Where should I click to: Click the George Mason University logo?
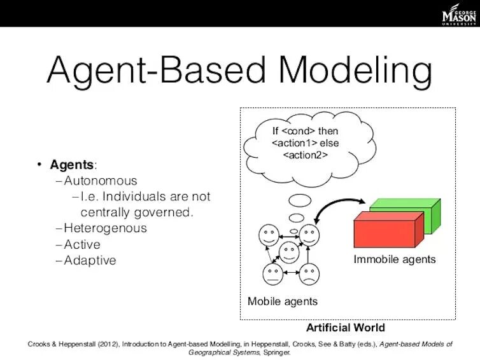[458, 15]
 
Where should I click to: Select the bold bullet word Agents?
[72, 165]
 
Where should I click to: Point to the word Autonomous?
[101, 181]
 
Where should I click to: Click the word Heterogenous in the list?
[105, 228]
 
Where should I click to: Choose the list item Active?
[82, 244]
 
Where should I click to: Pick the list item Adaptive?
[90, 260]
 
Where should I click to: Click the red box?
[385, 232]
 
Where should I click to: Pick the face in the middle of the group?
[290, 254]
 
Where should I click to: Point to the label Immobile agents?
[395, 259]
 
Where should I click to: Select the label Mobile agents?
[282, 301]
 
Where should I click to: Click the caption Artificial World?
[346, 328]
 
